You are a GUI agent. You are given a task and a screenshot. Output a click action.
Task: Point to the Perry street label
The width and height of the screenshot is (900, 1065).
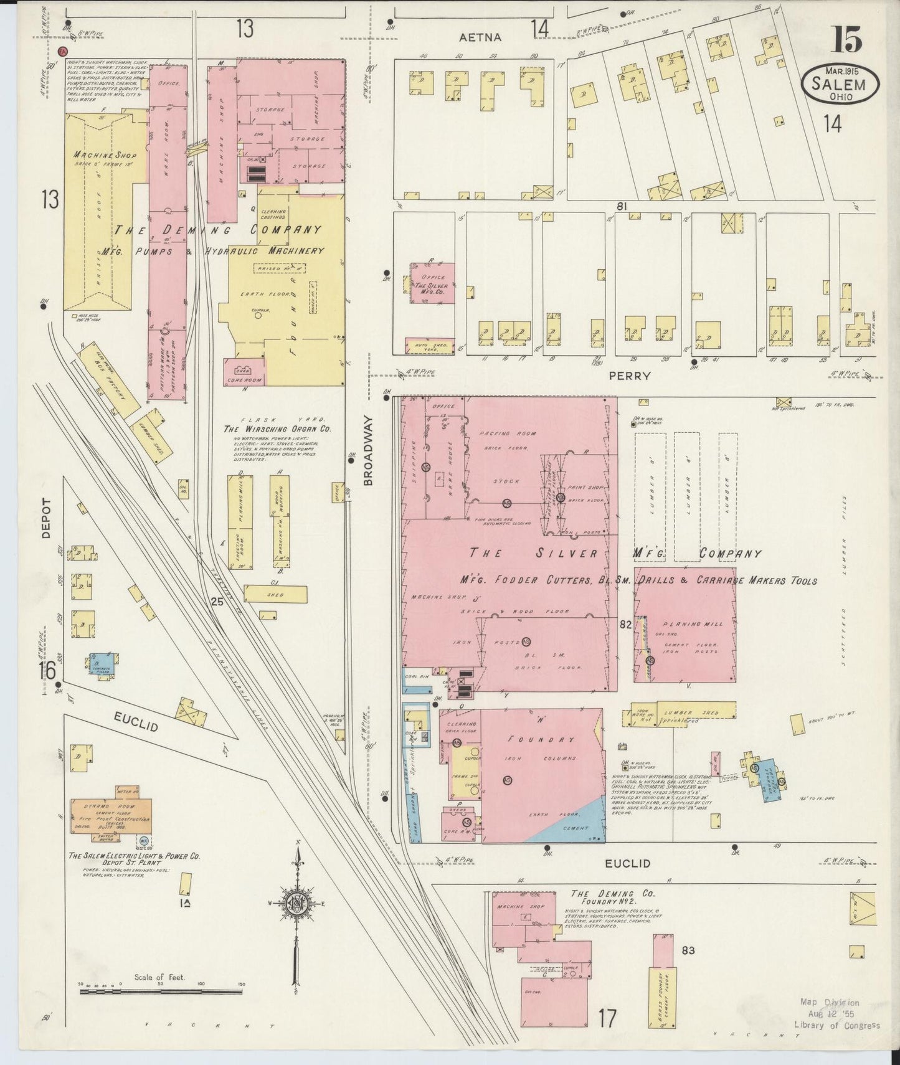click(x=633, y=376)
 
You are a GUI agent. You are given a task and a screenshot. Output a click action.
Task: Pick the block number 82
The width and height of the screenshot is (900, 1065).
click(x=626, y=623)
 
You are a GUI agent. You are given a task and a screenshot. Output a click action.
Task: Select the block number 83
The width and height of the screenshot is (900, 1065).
click(x=688, y=950)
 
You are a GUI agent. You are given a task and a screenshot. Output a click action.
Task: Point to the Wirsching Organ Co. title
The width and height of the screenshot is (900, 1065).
click(x=278, y=429)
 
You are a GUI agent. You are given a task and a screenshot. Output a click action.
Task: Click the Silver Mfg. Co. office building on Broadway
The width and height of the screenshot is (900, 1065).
click(x=432, y=283)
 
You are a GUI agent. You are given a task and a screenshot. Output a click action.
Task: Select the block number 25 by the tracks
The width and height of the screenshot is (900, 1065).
click(x=217, y=602)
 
